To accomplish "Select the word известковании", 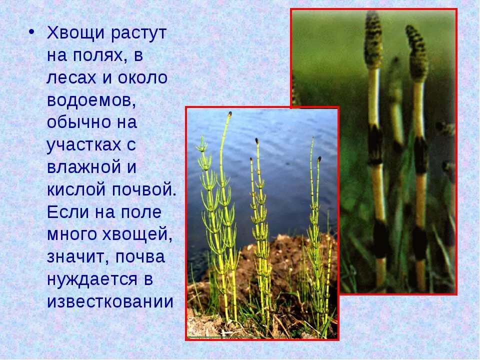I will click(x=110, y=301).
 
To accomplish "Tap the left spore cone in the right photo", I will click(x=373, y=40).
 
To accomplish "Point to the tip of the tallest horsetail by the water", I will click(x=229, y=114).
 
